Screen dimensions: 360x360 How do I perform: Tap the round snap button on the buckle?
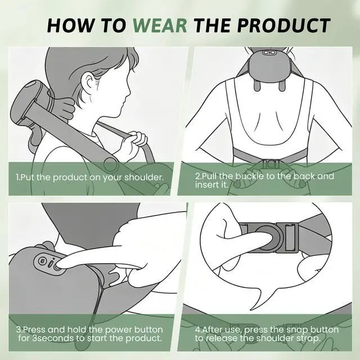tap(267, 237)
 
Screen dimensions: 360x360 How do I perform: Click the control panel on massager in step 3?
tap(49, 262)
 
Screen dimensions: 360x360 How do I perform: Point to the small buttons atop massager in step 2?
tap(269, 53)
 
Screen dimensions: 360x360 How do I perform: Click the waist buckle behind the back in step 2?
tap(271, 163)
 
